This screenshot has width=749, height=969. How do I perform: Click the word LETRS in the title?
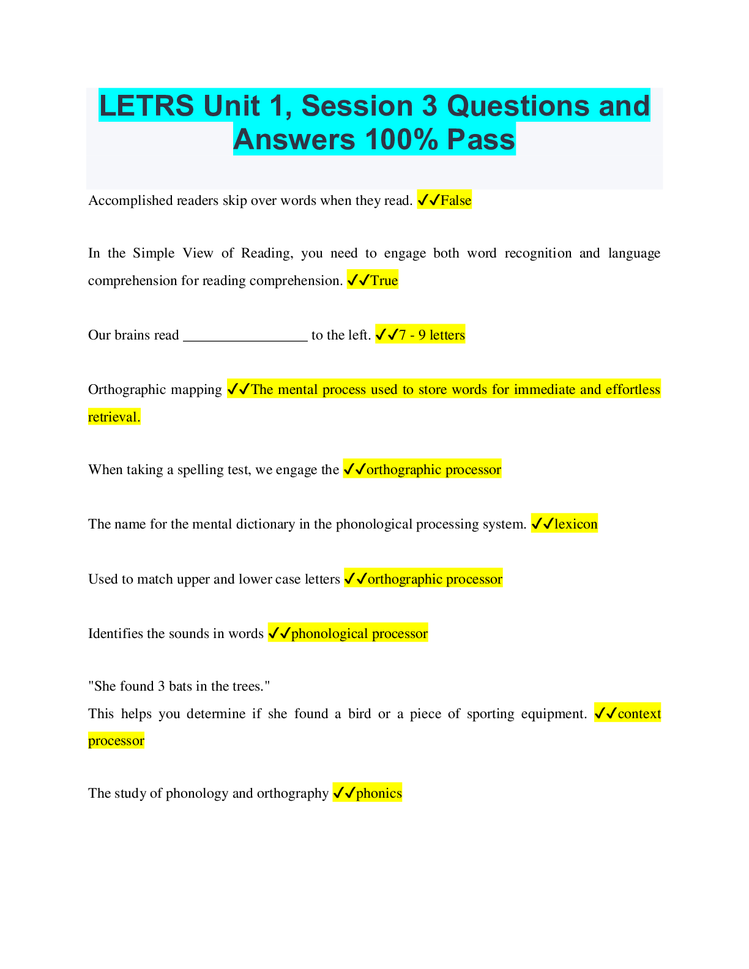tap(146, 106)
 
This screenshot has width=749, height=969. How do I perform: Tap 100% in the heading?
tap(401, 139)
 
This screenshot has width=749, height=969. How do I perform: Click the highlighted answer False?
tap(456, 201)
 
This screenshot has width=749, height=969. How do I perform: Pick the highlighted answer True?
tap(384, 281)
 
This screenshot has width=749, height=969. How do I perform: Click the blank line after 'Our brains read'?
tap(245, 336)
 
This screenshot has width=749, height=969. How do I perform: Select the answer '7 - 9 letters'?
tap(431, 335)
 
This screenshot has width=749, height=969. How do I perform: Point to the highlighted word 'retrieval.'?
tap(114, 417)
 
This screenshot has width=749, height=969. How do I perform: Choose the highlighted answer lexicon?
tap(576, 524)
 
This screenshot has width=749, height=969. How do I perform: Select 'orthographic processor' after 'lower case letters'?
tap(434, 579)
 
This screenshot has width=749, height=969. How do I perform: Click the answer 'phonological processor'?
tap(359, 634)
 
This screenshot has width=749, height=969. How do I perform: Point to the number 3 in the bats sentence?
tap(162, 686)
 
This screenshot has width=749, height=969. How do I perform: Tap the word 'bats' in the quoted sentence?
tap(181, 686)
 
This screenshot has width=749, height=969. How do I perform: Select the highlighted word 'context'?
tap(639, 714)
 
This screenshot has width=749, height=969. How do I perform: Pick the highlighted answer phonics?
tap(379, 793)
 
